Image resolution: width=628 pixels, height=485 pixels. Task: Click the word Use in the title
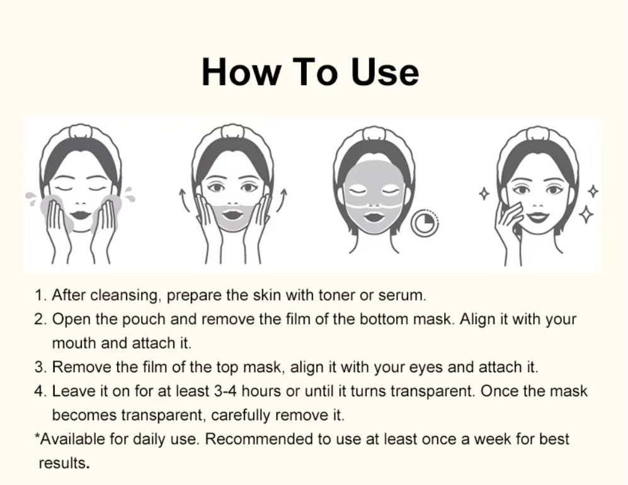coord(384,72)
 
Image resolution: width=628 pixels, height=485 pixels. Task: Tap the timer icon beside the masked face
coord(425,223)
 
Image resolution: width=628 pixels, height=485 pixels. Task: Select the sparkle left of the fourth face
coord(484,194)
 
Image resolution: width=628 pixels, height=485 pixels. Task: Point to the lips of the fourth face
coord(538,217)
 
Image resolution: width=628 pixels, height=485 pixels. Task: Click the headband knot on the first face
coord(81,132)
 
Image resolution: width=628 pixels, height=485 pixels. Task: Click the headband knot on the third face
coord(374,134)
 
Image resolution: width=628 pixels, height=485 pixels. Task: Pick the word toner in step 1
coord(337,295)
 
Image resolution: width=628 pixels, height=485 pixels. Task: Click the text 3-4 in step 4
coord(226,391)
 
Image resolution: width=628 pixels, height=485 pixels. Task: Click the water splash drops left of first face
coord(30,198)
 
